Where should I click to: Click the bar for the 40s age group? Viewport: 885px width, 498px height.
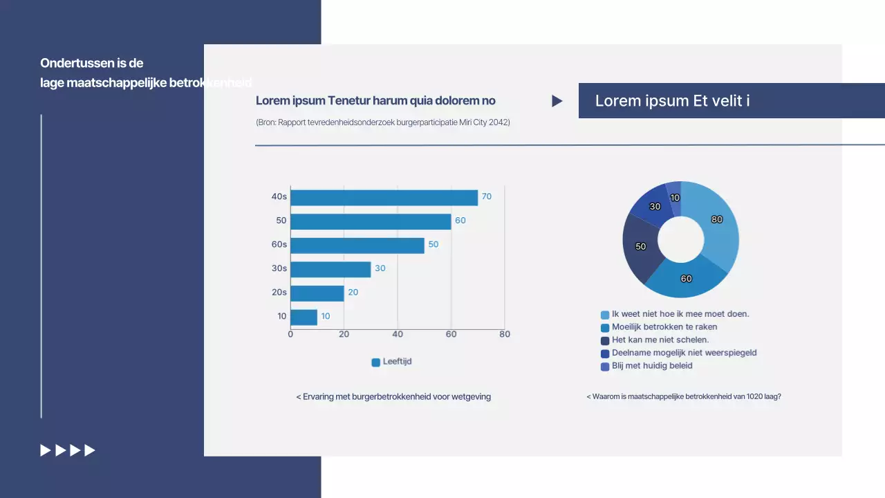[384, 197]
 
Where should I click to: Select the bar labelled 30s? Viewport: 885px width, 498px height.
[330, 269]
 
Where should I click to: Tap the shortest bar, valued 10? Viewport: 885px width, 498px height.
[304, 317]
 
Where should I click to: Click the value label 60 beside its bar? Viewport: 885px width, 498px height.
[460, 221]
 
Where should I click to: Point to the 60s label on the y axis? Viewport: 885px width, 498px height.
[279, 244]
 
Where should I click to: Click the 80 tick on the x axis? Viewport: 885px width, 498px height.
[505, 334]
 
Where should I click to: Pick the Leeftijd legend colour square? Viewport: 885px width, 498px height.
[376, 362]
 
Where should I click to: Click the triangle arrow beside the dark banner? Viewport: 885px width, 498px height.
[557, 101]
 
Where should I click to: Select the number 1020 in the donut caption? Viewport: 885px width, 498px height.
[747, 397]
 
